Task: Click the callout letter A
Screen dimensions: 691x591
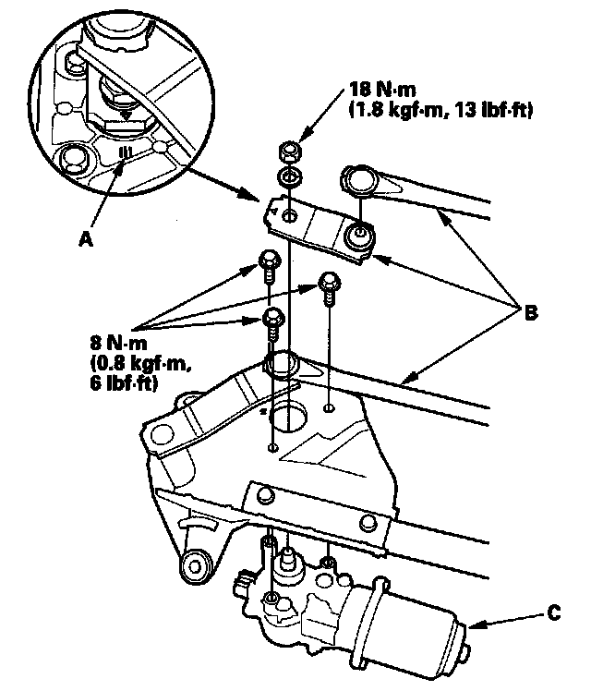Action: [86, 237]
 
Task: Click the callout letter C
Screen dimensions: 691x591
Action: [552, 611]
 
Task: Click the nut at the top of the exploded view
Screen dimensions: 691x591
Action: [288, 152]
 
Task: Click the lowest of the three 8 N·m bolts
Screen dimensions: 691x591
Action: [273, 321]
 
